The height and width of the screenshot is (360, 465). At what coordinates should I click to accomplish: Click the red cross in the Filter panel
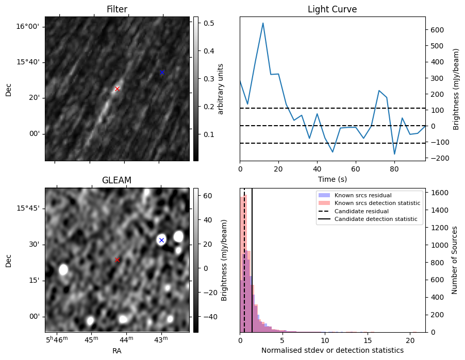[x=117, y=89]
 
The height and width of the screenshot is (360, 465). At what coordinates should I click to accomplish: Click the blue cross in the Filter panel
[x=162, y=72]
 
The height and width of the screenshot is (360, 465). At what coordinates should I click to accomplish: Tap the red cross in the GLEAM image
[x=117, y=260]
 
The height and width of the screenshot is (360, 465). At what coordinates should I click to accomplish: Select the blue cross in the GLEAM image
[x=162, y=240]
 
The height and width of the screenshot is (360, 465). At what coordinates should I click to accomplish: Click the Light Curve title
[x=332, y=9]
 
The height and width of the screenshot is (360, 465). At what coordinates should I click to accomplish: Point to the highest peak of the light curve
[x=263, y=23]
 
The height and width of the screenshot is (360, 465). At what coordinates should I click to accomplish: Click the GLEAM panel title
[x=117, y=180]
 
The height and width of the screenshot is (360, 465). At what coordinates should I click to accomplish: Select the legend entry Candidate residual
[x=361, y=211]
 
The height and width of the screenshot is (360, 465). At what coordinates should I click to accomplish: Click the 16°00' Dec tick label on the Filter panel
[x=27, y=27]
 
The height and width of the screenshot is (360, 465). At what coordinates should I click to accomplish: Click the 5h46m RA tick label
[x=57, y=339]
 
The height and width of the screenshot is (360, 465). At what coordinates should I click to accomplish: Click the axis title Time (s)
[x=333, y=179]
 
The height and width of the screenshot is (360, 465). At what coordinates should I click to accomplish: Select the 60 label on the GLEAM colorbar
[x=208, y=196]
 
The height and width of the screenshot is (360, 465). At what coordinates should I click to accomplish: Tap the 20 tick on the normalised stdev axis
[x=410, y=341]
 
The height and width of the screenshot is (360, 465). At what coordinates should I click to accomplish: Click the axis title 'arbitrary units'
[x=220, y=89]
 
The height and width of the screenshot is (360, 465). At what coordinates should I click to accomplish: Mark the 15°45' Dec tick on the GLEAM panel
[x=27, y=208]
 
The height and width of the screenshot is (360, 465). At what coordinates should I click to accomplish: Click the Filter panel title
[x=117, y=9]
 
